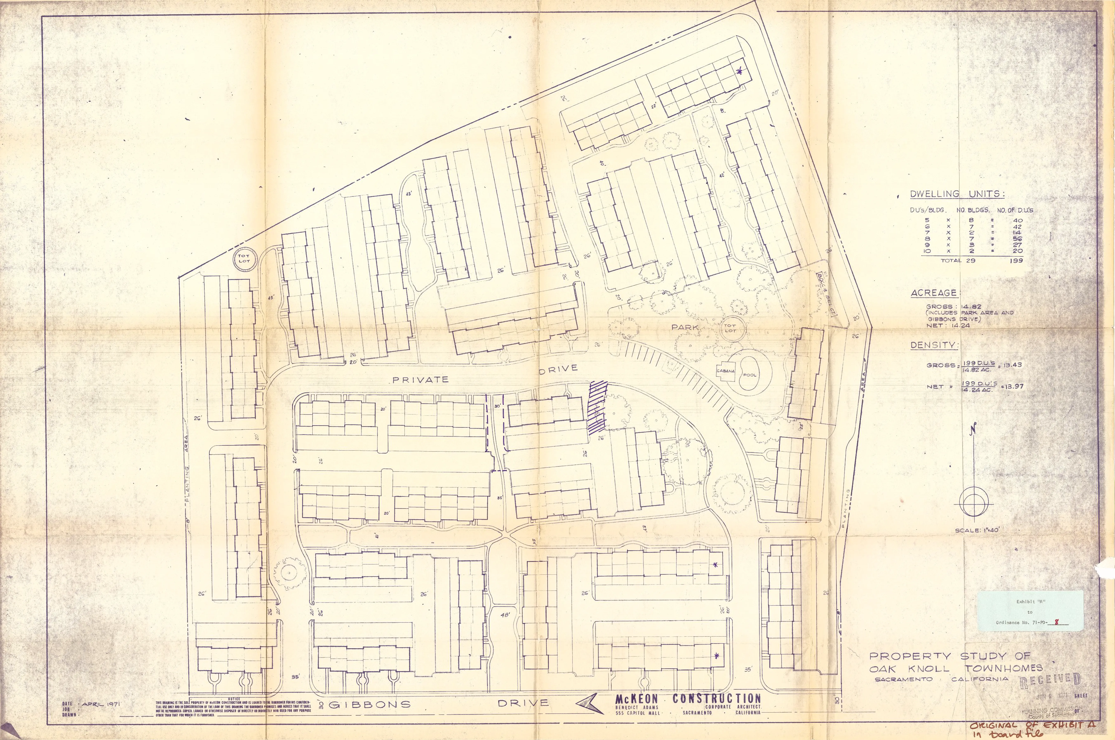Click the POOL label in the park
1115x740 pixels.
(x=750, y=375)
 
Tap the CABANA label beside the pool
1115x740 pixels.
(x=726, y=371)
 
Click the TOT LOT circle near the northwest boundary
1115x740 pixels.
(x=244, y=259)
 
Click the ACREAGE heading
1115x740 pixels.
(x=934, y=293)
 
